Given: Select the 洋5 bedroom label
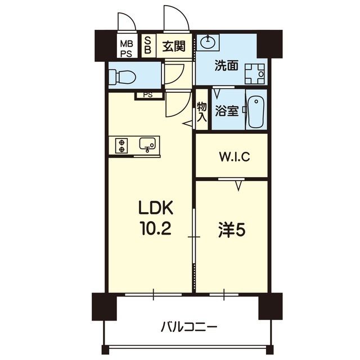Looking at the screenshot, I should click(231, 230).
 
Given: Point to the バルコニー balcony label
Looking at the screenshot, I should click(188, 326).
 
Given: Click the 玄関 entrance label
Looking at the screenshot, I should click(173, 46).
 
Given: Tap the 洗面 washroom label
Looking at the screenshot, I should click(226, 66).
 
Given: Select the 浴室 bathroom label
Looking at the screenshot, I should click(226, 111).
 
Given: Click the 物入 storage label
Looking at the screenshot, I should click(202, 111).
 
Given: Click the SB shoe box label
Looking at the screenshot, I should click(148, 45).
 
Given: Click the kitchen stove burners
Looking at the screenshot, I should click(121, 146).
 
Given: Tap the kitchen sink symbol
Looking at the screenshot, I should click(148, 145).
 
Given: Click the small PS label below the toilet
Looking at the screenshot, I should click(147, 94).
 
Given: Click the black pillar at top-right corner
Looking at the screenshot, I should click(267, 45).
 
